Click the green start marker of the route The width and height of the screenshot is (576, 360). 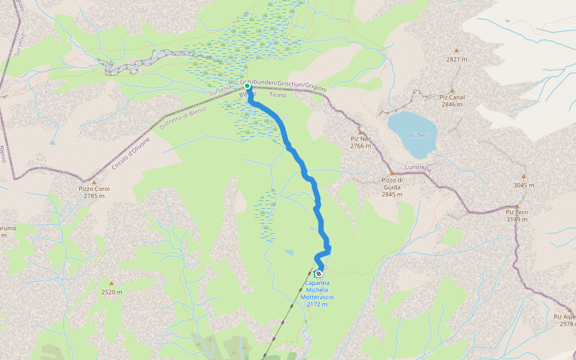[x=247, y=86]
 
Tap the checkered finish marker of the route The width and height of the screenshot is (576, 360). [x=319, y=274]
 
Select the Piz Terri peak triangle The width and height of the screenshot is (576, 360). [x=517, y=206]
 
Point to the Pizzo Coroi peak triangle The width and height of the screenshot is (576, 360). [x=94, y=182]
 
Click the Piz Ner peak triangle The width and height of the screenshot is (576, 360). [x=361, y=133]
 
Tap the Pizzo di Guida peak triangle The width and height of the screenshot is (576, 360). [x=392, y=173]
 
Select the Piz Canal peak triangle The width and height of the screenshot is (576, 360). [x=452, y=91]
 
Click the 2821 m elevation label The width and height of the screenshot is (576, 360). [x=457, y=59]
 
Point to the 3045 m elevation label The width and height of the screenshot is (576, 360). [x=523, y=185]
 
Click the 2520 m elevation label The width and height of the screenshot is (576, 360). [x=112, y=292]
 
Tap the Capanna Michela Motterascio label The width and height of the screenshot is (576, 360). [x=319, y=293]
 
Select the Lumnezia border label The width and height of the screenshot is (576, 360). [x=418, y=169]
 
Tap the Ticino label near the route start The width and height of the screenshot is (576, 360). [x=278, y=95]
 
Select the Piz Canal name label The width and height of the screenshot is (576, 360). [x=452, y=97]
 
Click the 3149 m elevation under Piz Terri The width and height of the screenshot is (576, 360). [x=517, y=219]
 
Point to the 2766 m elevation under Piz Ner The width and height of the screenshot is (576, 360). [x=361, y=146]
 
